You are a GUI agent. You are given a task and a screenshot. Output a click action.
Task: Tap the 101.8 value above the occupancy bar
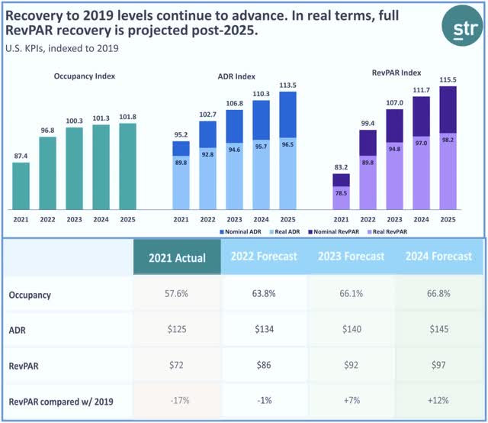tap(127, 118)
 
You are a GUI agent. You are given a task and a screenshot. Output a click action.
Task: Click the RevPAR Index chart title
tap(397, 73)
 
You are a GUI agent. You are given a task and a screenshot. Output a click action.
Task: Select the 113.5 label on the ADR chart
tap(287, 86)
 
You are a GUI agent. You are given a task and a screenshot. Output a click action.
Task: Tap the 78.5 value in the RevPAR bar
tap(341, 194)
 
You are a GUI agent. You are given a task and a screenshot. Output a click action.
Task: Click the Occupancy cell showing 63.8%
tap(263, 294)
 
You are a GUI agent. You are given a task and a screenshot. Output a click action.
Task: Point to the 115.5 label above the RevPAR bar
tap(448, 79)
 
